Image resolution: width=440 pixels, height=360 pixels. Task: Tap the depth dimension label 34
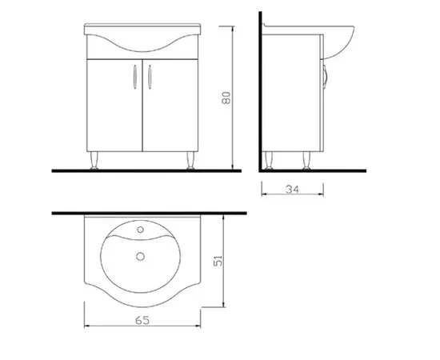[x=292, y=190]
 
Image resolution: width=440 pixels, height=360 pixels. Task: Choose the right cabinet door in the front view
[x=169, y=104]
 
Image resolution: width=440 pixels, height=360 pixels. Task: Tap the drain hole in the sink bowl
[x=141, y=257]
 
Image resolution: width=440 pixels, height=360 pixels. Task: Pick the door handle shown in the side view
[x=323, y=76]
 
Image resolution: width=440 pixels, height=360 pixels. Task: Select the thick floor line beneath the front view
[x=144, y=170]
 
